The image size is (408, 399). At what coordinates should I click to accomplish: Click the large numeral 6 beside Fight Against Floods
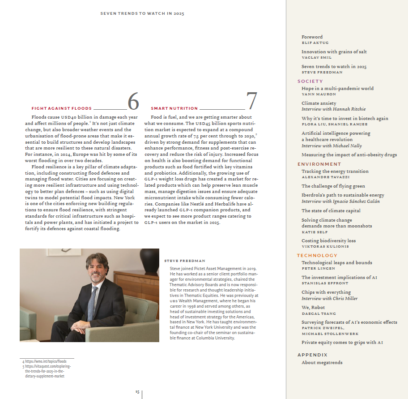(x=133, y=102)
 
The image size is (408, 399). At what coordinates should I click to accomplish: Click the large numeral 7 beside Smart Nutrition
(x=252, y=102)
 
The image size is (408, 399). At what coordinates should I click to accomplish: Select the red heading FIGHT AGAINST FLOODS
(x=61, y=108)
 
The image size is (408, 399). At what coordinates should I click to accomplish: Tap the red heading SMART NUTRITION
(x=174, y=108)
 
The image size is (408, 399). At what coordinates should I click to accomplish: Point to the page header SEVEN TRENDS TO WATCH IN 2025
(x=142, y=13)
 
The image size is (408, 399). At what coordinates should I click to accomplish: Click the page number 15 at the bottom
(x=137, y=391)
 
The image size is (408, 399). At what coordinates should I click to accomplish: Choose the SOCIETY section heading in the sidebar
(x=310, y=81)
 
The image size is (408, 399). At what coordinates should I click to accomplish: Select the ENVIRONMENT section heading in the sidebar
(x=319, y=164)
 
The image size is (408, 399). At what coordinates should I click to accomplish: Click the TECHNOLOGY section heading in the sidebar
(x=317, y=255)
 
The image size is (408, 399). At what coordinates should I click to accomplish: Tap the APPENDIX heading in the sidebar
(x=312, y=355)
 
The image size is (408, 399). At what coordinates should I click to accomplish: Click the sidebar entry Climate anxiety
(x=319, y=103)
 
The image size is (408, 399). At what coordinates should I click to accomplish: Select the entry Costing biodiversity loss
(x=328, y=240)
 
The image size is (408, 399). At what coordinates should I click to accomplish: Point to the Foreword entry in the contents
(x=312, y=37)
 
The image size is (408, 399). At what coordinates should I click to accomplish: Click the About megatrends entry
(x=322, y=362)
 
